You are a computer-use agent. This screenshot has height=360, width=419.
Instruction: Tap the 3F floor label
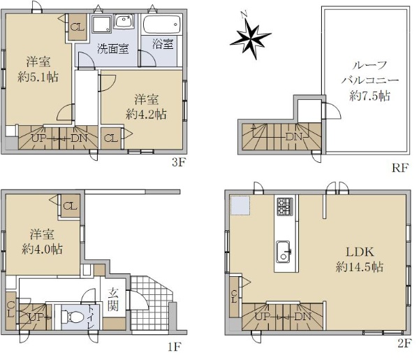point(179,163)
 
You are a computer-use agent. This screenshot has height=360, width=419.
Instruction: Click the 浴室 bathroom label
point(163,43)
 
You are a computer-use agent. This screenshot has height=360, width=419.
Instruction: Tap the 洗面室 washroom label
point(112,49)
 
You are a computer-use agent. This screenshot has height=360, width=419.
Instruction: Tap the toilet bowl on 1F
point(71,317)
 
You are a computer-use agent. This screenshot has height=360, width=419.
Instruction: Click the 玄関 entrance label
point(113,301)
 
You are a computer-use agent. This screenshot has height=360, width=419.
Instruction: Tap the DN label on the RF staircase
point(294,136)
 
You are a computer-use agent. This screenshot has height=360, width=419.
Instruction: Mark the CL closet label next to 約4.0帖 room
point(70,206)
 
